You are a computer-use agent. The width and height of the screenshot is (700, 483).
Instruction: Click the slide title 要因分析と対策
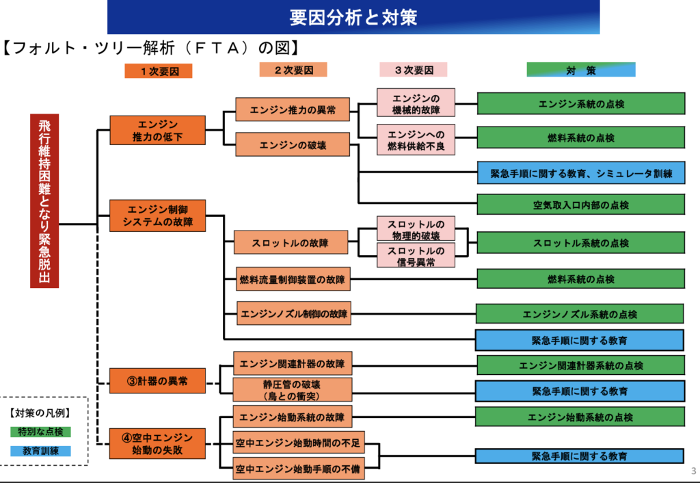(353, 16)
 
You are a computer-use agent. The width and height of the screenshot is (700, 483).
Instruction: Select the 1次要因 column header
(158, 70)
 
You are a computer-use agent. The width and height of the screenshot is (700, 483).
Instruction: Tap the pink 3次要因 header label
(413, 70)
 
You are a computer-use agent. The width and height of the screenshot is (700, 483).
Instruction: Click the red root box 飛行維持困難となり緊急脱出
(44, 200)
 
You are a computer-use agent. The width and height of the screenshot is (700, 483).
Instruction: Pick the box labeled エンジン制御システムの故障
(158, 216)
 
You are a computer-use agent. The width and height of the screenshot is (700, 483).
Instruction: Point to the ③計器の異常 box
(158, 380)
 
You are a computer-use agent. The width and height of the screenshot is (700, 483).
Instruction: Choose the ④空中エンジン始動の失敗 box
(158, 443)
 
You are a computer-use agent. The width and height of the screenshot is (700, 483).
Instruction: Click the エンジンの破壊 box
(293, 145)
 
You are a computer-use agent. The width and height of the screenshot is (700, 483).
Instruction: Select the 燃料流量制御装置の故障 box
(293, 279)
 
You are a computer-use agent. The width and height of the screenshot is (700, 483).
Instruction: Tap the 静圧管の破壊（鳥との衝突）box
(293, 390)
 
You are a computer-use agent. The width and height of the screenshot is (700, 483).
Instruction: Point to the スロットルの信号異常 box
(416, 255)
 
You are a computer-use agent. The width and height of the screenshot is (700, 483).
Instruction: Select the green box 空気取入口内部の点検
(580, 205)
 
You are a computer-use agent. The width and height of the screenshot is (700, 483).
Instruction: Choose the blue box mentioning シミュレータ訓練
(580, 173)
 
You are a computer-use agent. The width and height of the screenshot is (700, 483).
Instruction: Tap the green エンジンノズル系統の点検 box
(580, 314)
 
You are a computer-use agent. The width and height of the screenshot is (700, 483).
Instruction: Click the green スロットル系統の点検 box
(580, 243)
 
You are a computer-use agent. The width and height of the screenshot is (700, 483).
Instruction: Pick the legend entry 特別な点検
(40, 432)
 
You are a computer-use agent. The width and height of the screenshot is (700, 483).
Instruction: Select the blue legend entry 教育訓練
(40, 451)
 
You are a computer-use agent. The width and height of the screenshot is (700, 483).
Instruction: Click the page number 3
(693, 471)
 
